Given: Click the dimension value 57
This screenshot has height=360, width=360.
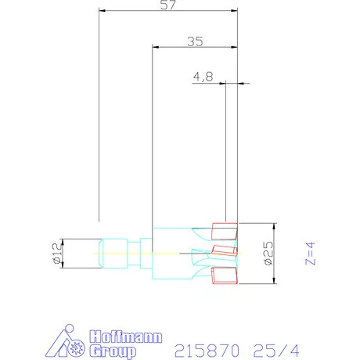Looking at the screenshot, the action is coord(168,5).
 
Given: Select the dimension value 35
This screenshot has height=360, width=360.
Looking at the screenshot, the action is coord(195,41).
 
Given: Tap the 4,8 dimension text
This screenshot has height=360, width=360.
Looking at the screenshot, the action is coord(203,77).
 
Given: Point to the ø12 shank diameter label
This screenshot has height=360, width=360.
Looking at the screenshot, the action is coord(57,253).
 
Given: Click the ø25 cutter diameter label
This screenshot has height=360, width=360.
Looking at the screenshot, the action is coord(268,253).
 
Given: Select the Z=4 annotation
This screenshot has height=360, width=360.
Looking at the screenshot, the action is coord(310,254).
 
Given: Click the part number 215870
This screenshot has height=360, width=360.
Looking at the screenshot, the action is coord(207,351).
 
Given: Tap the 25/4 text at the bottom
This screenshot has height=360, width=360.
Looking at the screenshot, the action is coord(276,351).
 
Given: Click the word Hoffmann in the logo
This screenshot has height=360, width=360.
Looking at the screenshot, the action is coord(126,337).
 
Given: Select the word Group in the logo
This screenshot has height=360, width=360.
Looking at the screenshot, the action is coord(113,351).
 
